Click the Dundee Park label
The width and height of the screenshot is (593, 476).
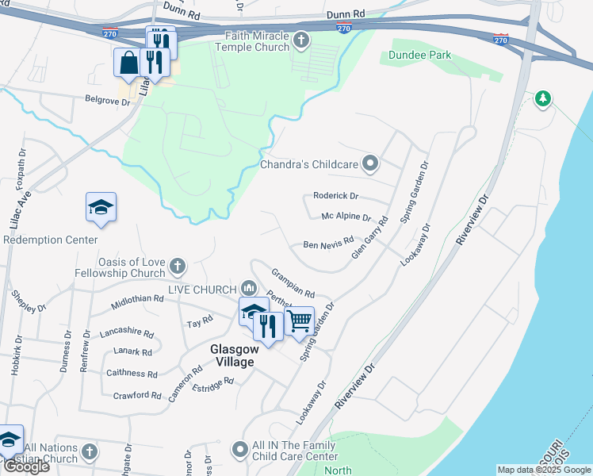pyautogui.click(x=420, y=56)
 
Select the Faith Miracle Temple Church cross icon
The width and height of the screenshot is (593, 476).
pyautogui.click(x=300, y=40)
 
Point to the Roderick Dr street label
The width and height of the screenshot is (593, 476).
pyautogui.click(x=335, y=196)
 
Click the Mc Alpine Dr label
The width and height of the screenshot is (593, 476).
pyautogui.click(x=346, y=217)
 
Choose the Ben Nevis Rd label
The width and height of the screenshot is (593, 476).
pyautogui.click(x=328, y=246)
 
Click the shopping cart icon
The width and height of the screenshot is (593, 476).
pyautogui.click(x=299, y=321)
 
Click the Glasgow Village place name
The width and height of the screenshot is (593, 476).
pyautogui.click(x=232, y=355)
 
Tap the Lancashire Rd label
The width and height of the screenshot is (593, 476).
pyautogui.click(x=126, y=334)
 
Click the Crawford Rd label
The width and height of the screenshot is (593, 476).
pyautogui.click(x=137, y=395)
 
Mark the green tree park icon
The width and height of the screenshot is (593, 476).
pyautogui.click(x=542, y=98)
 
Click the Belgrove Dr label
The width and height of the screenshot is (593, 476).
pyautogui.click(x=107, y=101)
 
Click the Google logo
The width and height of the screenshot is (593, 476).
pyautogui.click(x=25, y=466)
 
